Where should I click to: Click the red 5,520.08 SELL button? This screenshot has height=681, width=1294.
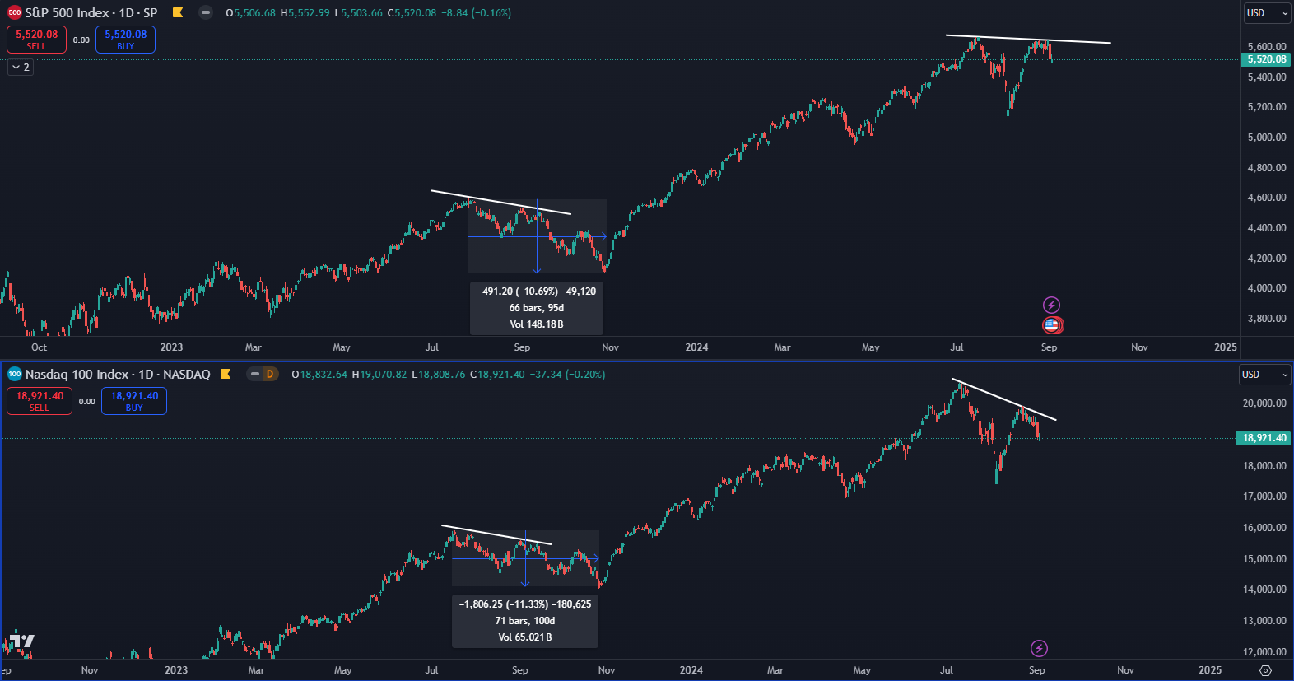coord(36,40)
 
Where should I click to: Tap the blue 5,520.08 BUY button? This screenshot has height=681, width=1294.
coord(125,40)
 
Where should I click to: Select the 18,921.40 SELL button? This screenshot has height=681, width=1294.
coord(40,401)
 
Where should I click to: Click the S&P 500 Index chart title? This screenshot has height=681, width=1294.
coord(91,13)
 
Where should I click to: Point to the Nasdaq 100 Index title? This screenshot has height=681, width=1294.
coord(118,375)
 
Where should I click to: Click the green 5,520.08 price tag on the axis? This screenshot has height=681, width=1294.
coord(1265,59)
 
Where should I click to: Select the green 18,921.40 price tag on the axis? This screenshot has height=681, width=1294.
coord(1264,438)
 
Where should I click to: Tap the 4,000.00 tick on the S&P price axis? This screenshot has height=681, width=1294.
coord(1266,288)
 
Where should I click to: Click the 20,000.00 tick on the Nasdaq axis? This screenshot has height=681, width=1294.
coord(1264,403)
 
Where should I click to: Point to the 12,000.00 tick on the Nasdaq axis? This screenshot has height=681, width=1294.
coord(1264,652)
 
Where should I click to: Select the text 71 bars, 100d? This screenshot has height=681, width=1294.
coord(525,621)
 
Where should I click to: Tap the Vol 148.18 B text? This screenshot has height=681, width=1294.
coord(537,324)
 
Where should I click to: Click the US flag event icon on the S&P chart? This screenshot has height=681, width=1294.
coord(1051,325)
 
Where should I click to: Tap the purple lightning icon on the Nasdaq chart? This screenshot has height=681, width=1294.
coord(1039,649)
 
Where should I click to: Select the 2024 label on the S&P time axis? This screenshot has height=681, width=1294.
coord(696,347)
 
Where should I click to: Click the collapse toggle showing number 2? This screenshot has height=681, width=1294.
coord(21,68)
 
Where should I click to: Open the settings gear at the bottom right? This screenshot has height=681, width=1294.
coord(1266,670)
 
